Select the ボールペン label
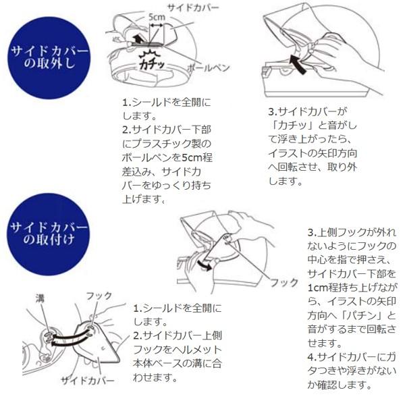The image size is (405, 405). click(x=207, y=68)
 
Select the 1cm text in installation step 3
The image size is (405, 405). click(x=319, y=287)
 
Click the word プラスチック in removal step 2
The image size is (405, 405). click(x=172, y=143)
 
